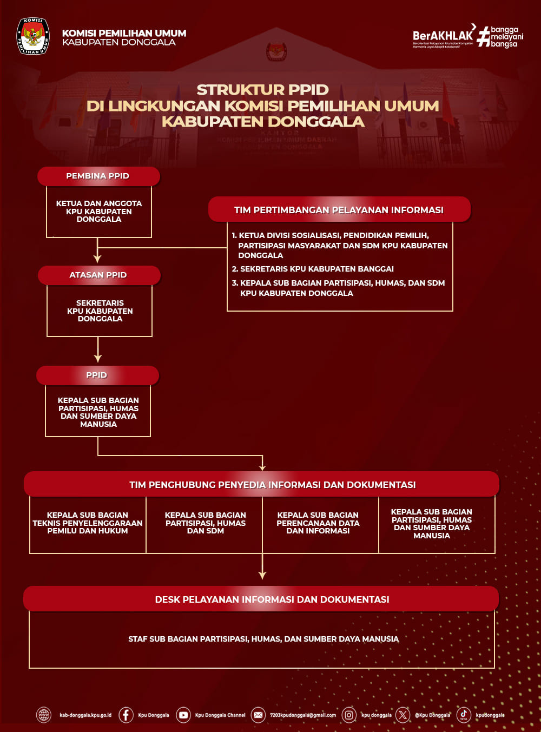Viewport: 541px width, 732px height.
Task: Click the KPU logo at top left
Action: (x=33, y=36)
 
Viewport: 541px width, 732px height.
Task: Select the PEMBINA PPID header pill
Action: (x=98, y=176)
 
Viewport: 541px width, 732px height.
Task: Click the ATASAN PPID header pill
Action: (x=98, y=275)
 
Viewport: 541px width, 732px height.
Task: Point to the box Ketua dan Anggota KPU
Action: (x=99, y=212)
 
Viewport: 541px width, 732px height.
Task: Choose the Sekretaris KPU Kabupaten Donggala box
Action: (x=100, y=311)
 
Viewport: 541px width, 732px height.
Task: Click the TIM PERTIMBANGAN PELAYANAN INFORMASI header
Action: (x=339, y=210)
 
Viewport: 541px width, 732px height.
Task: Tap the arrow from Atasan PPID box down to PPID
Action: (x=98, y=350)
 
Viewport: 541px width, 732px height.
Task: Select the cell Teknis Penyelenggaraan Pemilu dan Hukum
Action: (x=88, y=523)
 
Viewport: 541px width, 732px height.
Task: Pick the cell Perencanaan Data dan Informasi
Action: (x=318, y=523)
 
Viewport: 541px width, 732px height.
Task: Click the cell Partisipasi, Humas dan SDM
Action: (x=206, y=523)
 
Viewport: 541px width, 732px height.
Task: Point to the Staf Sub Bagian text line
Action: (x=263, y=639)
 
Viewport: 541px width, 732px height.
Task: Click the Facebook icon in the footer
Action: (x=126, y=715)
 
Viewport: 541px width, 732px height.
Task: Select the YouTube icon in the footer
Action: (x=183, y=715)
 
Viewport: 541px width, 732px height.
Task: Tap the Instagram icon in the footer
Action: (x=349, y=715)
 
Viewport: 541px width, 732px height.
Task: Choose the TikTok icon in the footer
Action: (x=464, y=715)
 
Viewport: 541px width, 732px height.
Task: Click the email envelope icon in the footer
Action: (x=258, y=715)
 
